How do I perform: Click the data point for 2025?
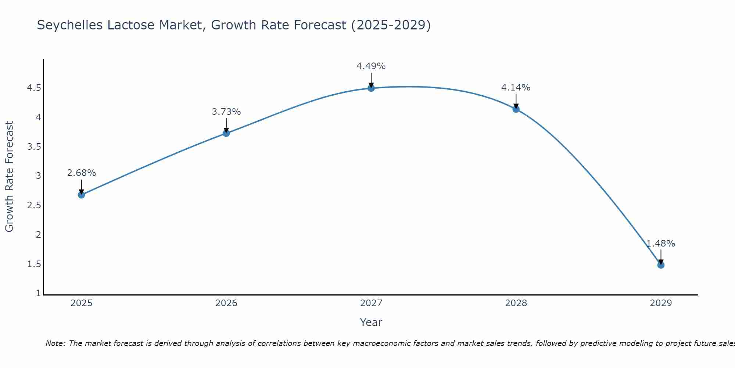pyautogui.click(x=81, y=195)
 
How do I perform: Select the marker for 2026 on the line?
pyautogui.click(x=226, y=133)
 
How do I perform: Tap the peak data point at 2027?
pyautogui.click(x=371, y=88)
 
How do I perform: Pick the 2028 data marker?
pyautogui.click(x=516, y=109)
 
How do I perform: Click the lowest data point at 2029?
pyautogui.click(x=660, y=265)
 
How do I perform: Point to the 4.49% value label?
pyautogui.click(x=371, y=66)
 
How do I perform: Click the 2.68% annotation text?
pyautogui.click(x=81, y=173)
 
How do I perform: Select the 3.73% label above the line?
pyautogui.click(x=226, y=112)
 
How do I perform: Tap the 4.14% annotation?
pyautogui.click(x=516, y=88)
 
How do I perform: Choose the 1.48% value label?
pyautogui.click(x=660, y=244)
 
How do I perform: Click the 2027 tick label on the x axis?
pyautogui.click(x=371, y=303)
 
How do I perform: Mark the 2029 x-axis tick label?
pyautogui.click(x=660, y=303)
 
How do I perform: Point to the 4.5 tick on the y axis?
pyautogui.click(x=34, y=88)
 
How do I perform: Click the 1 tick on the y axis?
pyautogui.click(x=38, y=293)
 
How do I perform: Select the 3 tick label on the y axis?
pyautogui.click(x=38, y=176)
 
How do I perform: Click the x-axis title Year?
pyautogui.click(x=371, y=322)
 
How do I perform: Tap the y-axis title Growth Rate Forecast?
pyautogui.click(x=9, y=177)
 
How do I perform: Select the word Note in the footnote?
pyautogui.click(x=55, y=343)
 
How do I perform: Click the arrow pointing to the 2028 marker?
pyautogui.click(x=516, y=101)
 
